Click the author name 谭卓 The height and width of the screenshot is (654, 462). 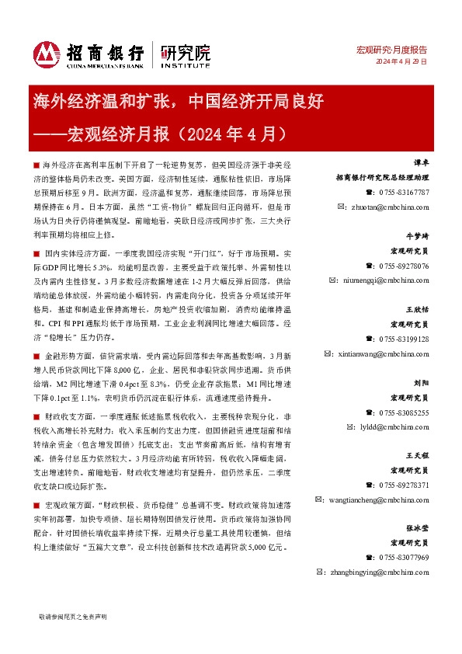[421, 164]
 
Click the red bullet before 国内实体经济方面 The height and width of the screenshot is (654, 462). [37, 254]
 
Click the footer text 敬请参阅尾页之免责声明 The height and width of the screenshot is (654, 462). [72, 616]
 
